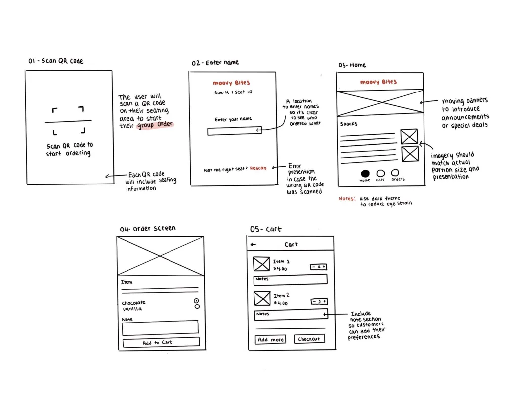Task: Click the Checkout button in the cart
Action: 309,339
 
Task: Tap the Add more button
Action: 270,340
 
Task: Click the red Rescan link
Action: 258,168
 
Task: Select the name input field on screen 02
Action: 235,131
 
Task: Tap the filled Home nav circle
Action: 365,173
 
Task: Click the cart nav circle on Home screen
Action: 381,173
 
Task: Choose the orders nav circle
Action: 395,172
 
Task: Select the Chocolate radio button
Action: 196,301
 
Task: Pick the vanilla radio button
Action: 197,307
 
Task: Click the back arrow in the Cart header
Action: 253,244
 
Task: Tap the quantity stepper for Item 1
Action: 318,267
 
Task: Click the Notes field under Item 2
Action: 291,314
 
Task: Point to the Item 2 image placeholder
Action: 262,298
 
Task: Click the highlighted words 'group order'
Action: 155,125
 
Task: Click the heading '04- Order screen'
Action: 148,229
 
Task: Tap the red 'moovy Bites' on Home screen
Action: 379,82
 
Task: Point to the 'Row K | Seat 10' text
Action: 233,92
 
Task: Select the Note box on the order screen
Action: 160,327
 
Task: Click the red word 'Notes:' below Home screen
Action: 347,198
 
